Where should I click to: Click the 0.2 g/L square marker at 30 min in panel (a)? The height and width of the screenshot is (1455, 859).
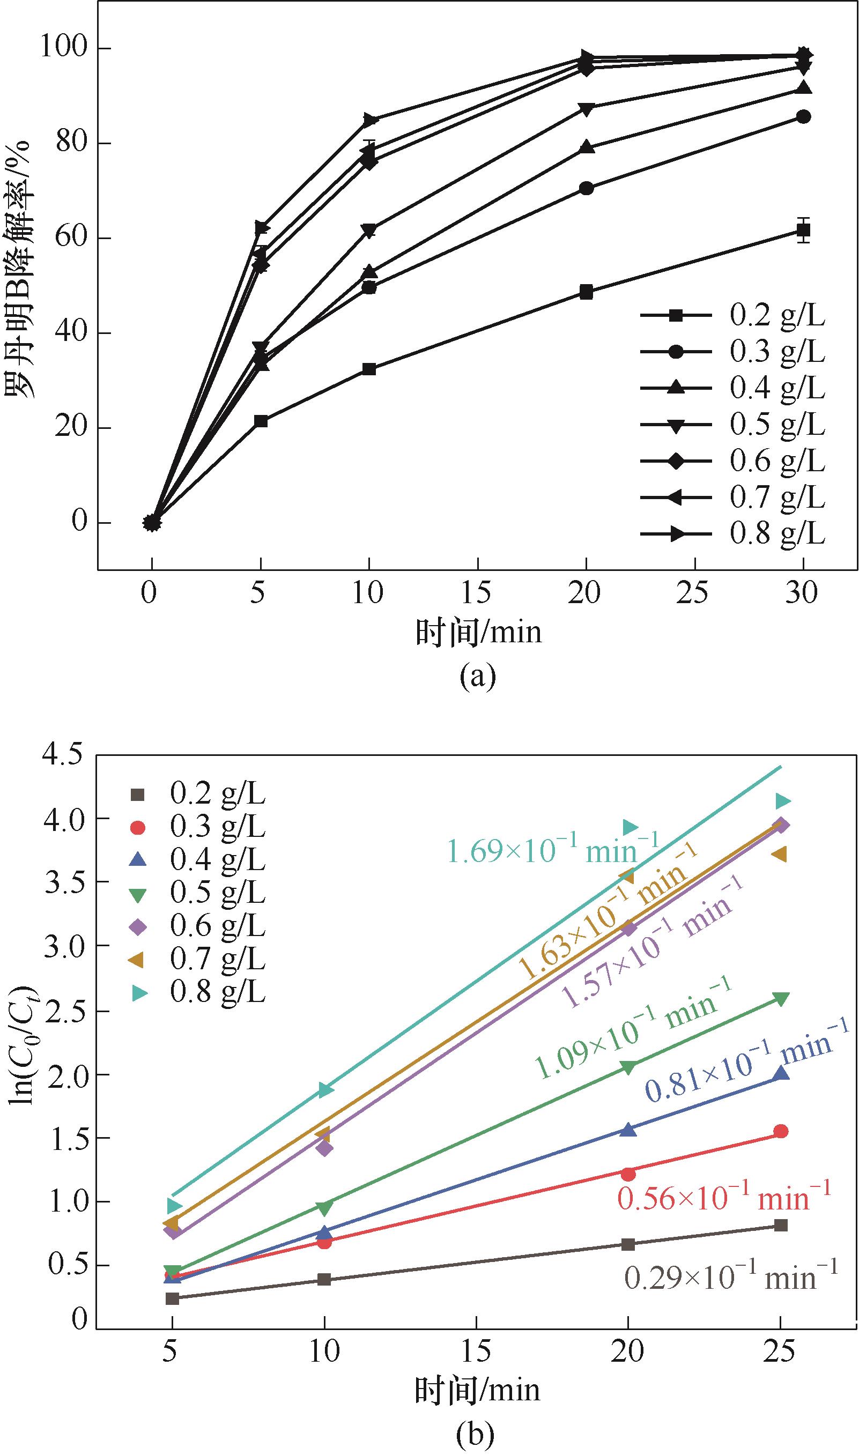point(803,231)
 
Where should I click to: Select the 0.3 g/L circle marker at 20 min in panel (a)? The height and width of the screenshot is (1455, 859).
point(586,189)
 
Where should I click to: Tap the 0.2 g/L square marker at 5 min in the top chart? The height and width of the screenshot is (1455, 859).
point(261,421)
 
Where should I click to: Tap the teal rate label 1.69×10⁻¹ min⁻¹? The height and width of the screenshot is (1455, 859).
point(552,851)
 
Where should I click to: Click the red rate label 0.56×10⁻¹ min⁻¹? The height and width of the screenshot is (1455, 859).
point(723,1197)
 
